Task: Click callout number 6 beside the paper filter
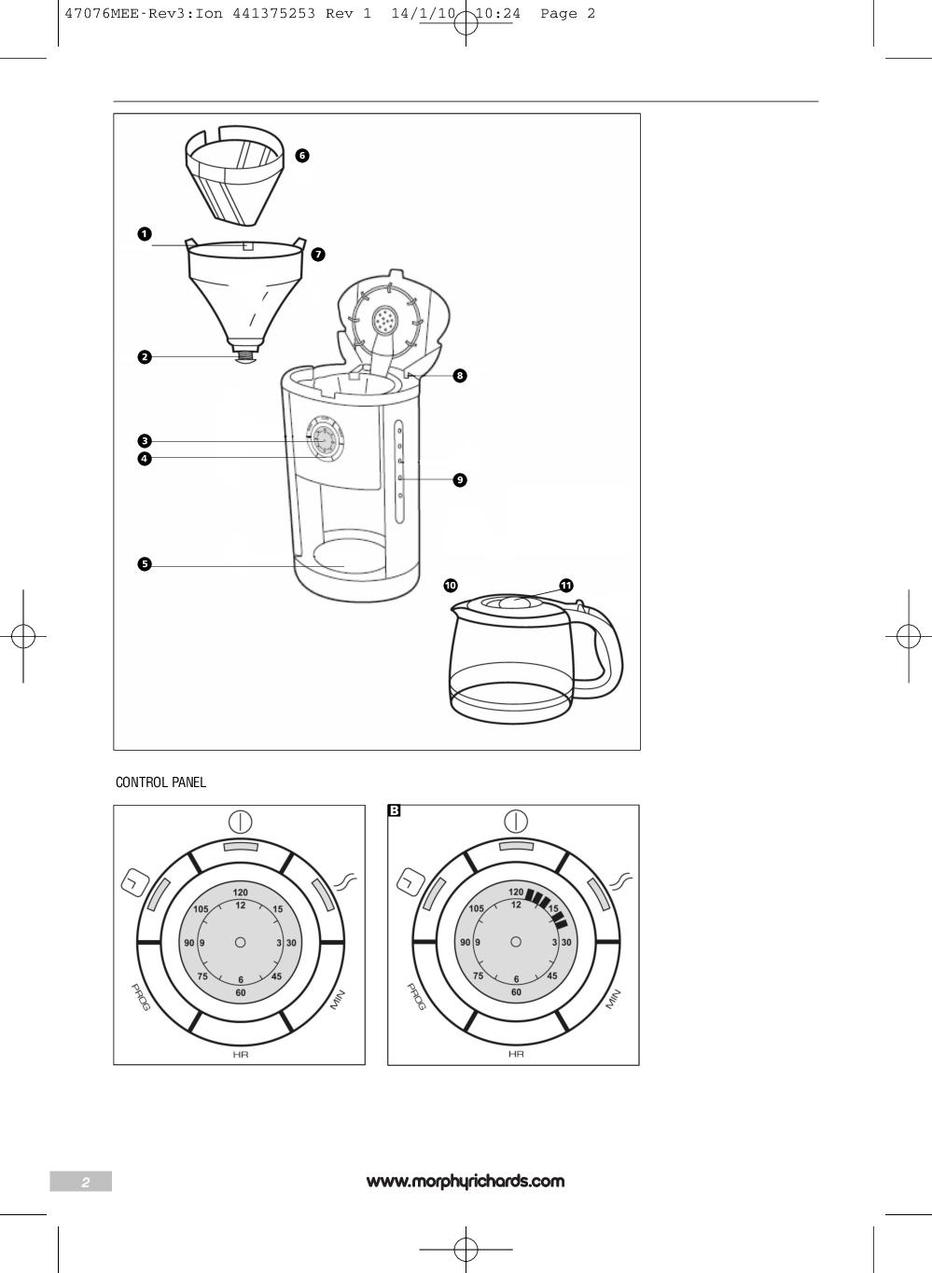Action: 301,156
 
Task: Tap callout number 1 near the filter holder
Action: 145,234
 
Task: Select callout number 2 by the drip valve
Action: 145,357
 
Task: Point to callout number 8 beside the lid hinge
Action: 459,376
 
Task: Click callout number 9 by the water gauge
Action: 459,480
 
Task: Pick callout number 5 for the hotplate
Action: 145,564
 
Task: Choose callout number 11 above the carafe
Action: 565,586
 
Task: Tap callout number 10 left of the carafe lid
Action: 451,586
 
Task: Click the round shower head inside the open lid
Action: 383,322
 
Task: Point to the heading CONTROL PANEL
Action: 160,782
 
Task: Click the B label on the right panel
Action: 394,811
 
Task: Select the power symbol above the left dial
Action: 240,822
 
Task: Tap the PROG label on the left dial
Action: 140,998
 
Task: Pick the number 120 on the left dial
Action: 240,892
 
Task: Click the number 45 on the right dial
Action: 552,976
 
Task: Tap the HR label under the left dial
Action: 240,1054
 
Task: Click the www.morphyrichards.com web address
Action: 466,1182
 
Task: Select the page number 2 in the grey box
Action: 85,1183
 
